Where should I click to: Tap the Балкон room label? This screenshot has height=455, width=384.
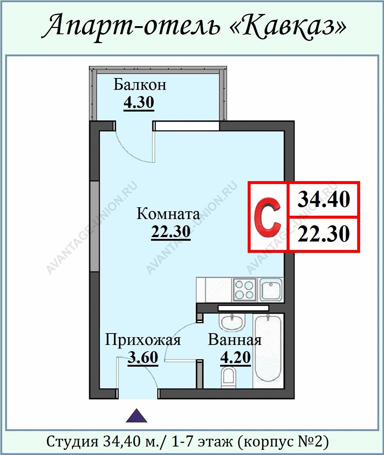click(140, 85)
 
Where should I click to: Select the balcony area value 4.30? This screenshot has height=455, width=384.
click(139, 102)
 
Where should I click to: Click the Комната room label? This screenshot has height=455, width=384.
click(168, 214)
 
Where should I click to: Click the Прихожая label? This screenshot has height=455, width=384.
click(143, 340)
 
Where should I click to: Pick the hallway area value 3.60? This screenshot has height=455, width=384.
click(143, 357)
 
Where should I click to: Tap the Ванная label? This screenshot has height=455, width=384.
click(234, 340)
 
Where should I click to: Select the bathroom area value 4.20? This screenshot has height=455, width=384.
click(235, 357)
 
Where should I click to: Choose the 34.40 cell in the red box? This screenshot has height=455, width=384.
click(323, 199)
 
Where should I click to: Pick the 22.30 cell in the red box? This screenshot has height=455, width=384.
click(323, 234)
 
